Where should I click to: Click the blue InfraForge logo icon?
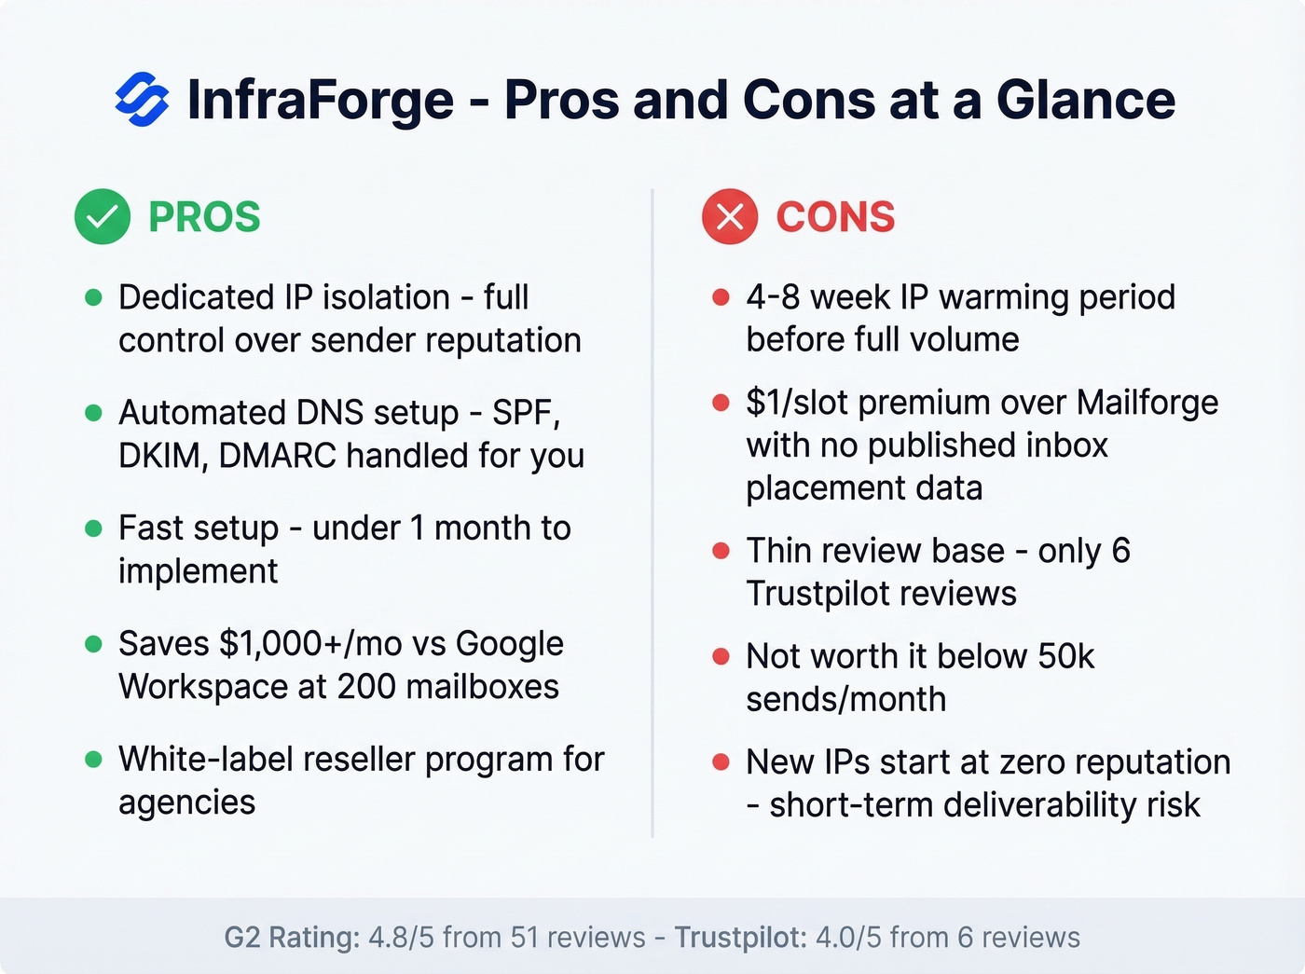(x=142, y=99)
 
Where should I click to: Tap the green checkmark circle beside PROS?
(x=103, y=217)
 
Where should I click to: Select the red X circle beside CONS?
(x=730, y=217)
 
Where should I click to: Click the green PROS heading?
(x=204, y=217)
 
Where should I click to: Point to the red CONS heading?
(x=835, y=217)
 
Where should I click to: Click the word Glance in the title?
(x=1086, y=100)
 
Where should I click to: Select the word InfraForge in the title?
(x=321, y=100)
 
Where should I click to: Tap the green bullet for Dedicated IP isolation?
(x=93, y=297)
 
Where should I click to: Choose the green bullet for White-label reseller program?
(x=93, y=759)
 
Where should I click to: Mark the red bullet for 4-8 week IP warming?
(x=721, y=297)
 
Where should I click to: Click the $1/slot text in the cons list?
(x=797, y=403)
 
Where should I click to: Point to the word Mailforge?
(x=1147, y=403)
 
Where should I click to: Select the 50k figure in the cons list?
(x=1065, y=656)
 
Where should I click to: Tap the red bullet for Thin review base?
(x=721, y=551)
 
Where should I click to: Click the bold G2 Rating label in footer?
(x=292, y=937)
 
